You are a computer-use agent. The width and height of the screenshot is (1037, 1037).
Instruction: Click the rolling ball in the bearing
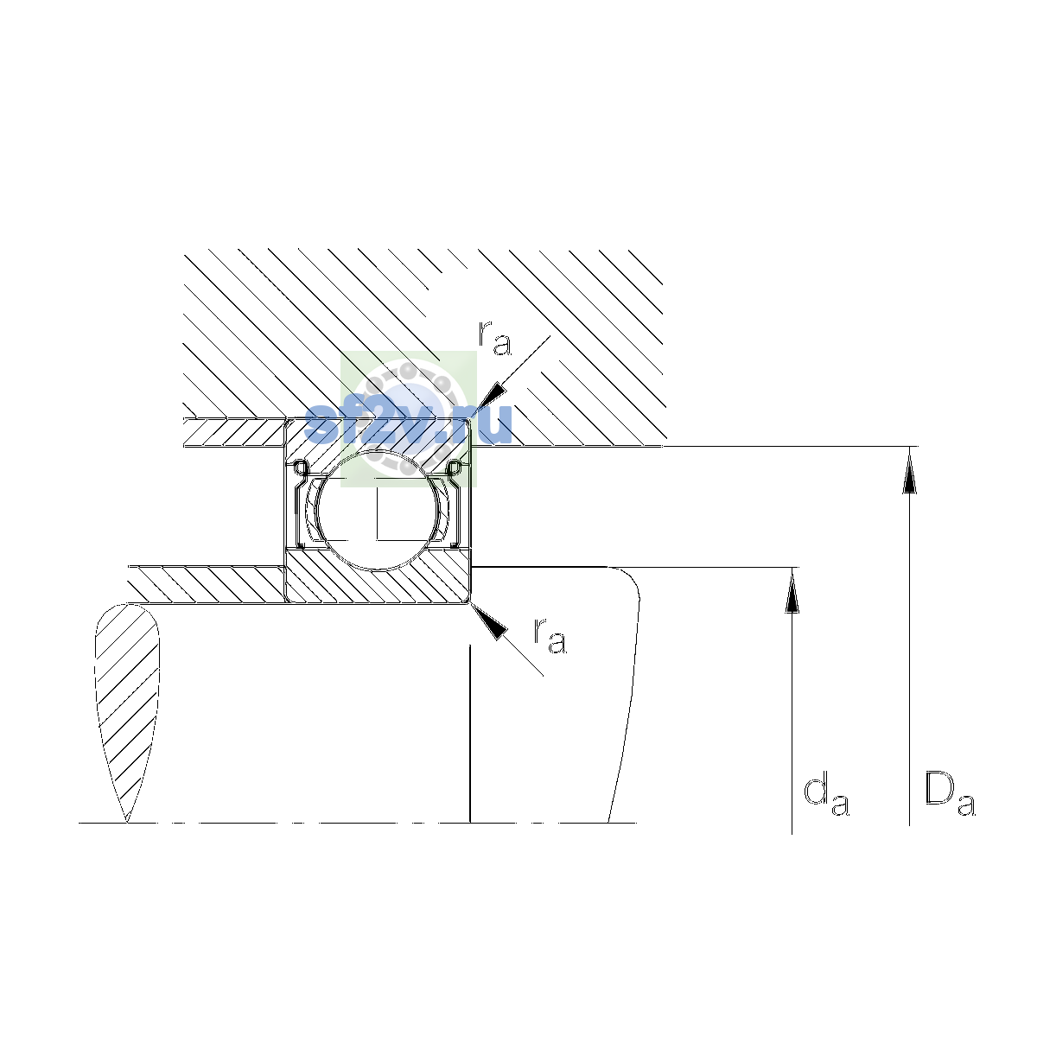[x=379, y=509]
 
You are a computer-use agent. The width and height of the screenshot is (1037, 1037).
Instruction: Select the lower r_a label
[x=550, y=636]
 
